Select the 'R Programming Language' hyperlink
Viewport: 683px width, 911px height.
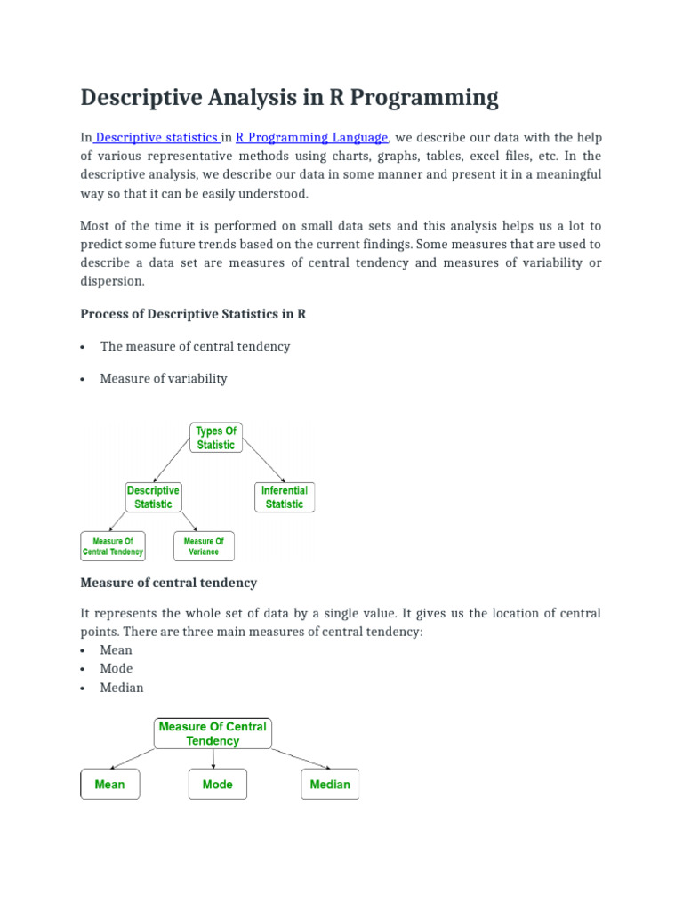(311, 137)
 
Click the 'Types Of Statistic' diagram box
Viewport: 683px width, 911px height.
(216, 438)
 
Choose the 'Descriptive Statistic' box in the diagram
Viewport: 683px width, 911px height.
(153, 497)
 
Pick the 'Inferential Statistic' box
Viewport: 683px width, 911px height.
(285, 497)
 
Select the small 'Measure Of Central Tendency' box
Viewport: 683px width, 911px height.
(113, 546)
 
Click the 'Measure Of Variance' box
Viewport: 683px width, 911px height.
(204, 546)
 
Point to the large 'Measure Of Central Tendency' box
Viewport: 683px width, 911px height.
(213, 734)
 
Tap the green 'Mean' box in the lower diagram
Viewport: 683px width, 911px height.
(109, 785)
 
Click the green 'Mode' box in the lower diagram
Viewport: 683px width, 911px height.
(217, 785)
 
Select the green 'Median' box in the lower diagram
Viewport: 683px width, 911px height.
(330, 785)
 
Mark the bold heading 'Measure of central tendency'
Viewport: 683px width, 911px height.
(169, 583)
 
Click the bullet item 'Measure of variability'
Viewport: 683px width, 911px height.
(164, 378)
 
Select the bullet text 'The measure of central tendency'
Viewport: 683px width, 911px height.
(195, 346)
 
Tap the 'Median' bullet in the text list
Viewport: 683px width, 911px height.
(122, 688)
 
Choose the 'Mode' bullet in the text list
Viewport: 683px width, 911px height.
(117, 668)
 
